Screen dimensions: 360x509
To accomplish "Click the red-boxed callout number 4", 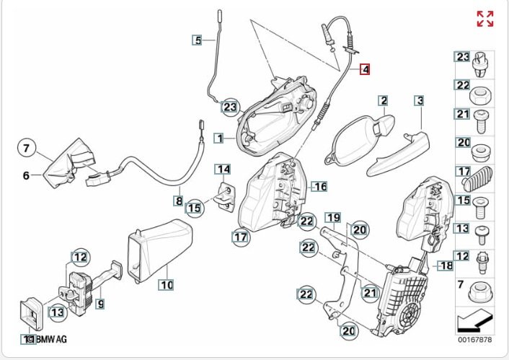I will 365,69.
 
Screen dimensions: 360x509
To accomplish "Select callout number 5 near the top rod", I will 198,40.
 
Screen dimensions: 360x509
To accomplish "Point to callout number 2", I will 384,101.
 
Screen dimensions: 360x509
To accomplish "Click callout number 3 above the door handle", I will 419,101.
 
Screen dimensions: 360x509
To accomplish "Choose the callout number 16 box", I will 319,186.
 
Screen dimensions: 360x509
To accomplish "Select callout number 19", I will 332,216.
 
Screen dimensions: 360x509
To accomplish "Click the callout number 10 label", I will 167,284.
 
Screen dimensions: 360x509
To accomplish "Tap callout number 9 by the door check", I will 100,304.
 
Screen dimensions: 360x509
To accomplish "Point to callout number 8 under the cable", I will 178,200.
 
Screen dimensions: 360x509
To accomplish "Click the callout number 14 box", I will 224,170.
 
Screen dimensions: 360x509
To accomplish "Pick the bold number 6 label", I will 27,175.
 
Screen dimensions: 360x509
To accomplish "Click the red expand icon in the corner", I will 485,19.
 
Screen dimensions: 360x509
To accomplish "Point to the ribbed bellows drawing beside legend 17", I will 480,178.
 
